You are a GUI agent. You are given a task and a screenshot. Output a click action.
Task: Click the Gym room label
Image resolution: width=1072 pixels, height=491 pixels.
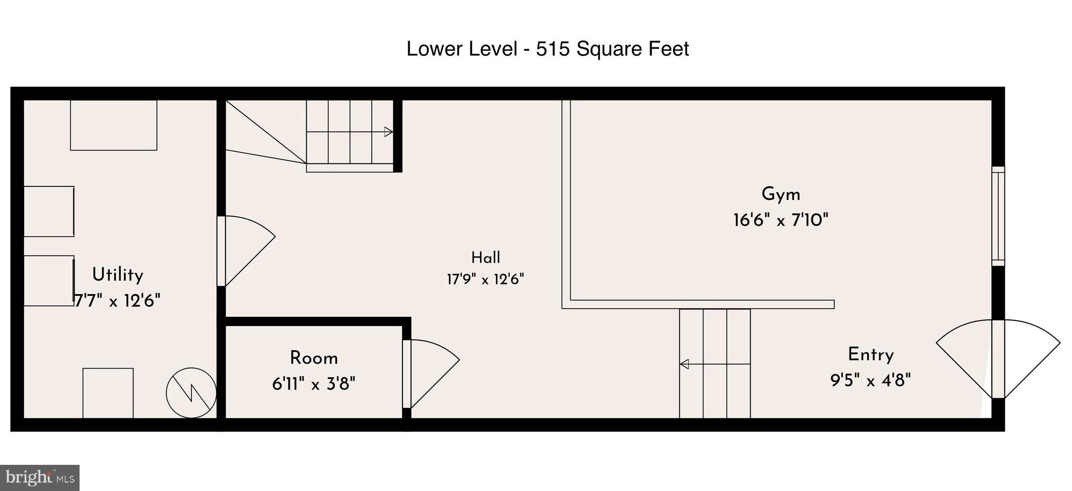[780, 194]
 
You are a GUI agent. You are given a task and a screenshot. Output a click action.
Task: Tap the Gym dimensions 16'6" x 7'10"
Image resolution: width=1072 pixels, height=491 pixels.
[780, 220]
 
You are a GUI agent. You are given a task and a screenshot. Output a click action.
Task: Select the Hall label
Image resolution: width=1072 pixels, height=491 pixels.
[485, 258]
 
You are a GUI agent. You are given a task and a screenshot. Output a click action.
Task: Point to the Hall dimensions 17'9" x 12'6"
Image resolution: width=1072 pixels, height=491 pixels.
[485, 279]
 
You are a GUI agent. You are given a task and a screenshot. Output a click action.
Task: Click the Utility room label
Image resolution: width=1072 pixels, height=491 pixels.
[117, 275]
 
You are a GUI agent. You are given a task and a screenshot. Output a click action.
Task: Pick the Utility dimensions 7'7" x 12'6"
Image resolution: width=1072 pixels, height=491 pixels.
[117, 300]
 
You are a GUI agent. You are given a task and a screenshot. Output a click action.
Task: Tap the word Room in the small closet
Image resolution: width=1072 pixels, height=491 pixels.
[314, 358]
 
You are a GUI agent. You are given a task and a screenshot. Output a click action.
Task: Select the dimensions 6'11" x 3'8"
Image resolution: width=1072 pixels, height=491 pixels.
[314, 384]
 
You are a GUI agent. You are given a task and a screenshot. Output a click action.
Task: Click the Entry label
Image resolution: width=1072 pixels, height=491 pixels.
[870, 355]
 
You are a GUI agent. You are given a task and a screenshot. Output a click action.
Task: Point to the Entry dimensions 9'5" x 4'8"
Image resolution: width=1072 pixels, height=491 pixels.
[870, 380]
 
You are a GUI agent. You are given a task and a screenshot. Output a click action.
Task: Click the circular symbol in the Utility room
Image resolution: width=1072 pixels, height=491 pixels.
[191, 393]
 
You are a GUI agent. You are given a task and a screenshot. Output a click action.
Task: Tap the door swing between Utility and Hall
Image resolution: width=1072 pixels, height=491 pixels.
[246, 251]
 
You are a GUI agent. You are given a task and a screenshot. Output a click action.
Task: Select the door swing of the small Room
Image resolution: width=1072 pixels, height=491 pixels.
[431, 374]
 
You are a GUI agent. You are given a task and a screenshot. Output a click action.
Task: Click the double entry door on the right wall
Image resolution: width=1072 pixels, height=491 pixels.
[998, 359]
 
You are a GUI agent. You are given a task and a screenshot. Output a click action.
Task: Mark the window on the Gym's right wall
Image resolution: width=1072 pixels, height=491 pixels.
[998, 216]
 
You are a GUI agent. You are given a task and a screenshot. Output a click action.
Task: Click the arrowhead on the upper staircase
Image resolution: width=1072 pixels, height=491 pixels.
[388, 132]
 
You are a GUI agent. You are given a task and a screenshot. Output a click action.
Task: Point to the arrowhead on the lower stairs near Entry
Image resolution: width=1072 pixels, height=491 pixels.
[684, 364]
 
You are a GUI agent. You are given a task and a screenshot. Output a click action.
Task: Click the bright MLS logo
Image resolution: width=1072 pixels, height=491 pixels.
[40, 478]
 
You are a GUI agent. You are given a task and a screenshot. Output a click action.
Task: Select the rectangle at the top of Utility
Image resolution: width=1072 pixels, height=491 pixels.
[114, 125]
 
